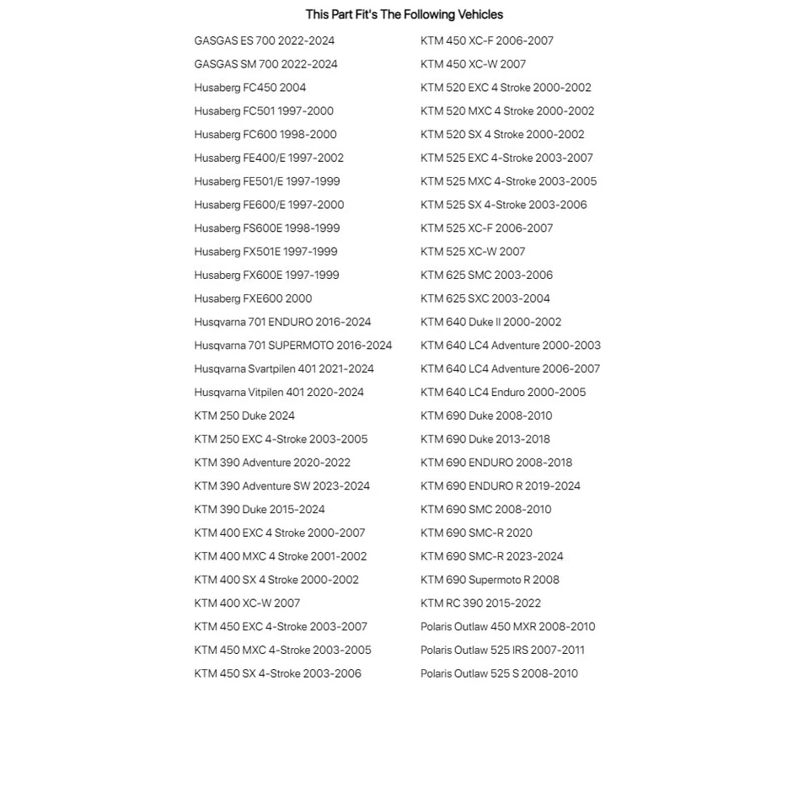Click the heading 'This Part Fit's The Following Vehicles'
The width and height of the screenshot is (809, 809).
404,14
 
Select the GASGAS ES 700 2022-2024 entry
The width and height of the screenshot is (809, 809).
264,40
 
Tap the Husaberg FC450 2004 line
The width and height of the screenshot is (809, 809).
249,88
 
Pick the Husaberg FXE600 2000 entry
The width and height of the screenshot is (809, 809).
253,298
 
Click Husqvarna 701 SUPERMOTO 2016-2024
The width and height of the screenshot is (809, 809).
292,346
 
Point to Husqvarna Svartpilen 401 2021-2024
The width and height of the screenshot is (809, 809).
283,369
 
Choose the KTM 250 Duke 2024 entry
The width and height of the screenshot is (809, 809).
244,415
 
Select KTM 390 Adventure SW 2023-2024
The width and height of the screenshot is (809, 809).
281,486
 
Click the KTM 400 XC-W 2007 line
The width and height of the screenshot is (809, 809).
247,603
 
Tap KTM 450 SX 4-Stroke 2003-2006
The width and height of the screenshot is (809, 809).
277,673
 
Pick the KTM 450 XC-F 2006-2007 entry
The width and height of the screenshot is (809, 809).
486,40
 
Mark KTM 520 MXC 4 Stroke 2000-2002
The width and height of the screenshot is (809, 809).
506,111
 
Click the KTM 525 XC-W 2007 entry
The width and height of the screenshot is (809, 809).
472,251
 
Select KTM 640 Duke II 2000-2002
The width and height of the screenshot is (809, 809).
490,322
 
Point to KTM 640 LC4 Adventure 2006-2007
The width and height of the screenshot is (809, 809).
510,369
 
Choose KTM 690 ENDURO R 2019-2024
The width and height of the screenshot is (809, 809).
500,486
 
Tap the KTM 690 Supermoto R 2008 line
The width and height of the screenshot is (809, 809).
490,580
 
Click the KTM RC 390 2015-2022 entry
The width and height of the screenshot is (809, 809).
480,603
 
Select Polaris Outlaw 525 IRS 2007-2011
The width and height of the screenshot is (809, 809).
502,650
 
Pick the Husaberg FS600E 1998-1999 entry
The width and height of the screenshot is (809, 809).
266,228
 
